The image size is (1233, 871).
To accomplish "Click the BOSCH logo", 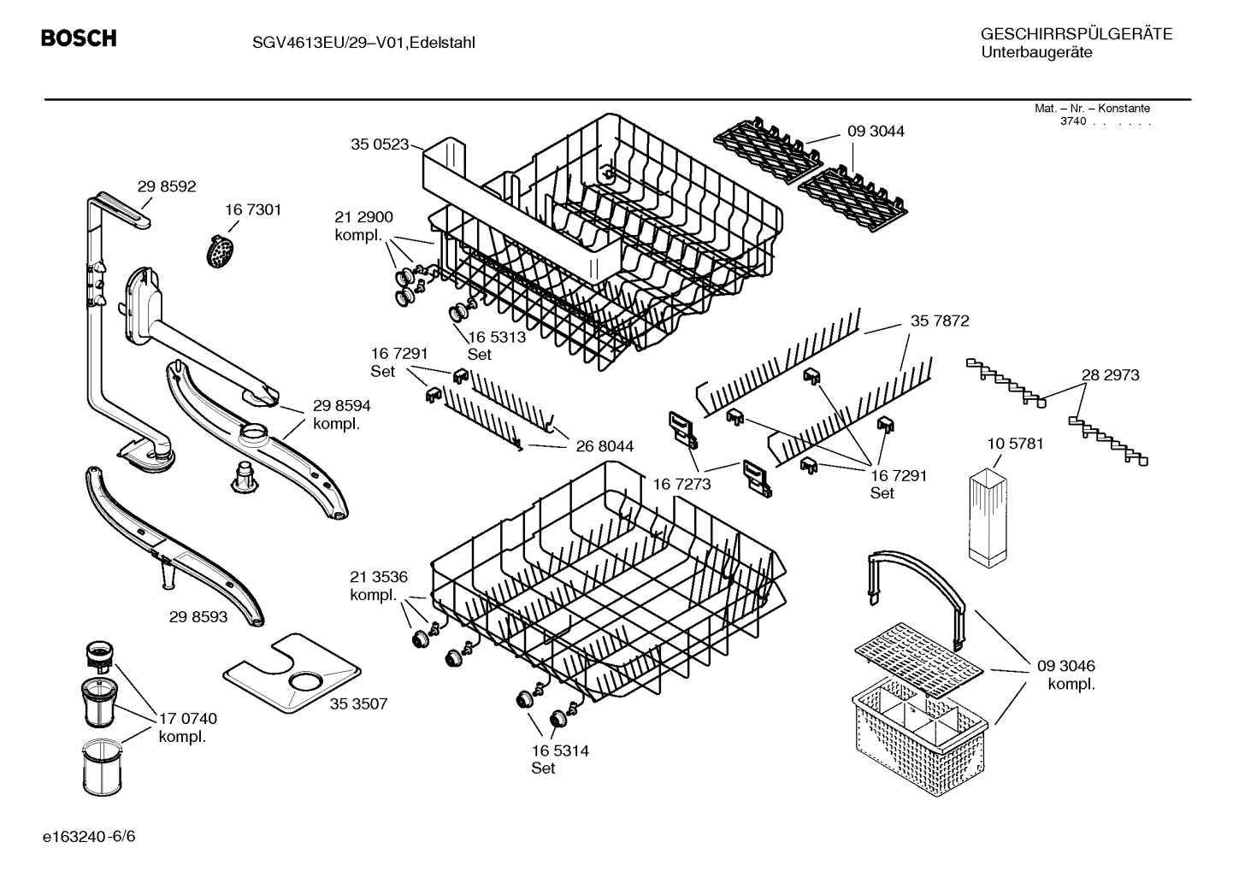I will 79,38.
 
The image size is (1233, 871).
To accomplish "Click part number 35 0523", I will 379,144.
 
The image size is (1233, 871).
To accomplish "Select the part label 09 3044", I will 876,132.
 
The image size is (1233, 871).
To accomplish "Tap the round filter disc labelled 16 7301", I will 221,250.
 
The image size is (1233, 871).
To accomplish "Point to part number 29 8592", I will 167,185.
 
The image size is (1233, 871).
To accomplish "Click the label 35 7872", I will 940,321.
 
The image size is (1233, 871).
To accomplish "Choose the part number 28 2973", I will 1110,375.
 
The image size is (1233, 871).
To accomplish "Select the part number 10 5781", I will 1015,444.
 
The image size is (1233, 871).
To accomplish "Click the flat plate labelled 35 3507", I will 292,674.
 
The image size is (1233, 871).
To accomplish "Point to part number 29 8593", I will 198,616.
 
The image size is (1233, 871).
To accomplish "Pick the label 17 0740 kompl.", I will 187,727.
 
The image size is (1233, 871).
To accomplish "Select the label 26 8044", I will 605,446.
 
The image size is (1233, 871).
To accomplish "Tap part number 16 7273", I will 681,485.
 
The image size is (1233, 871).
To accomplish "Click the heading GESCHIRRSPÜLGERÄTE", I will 1076,34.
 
